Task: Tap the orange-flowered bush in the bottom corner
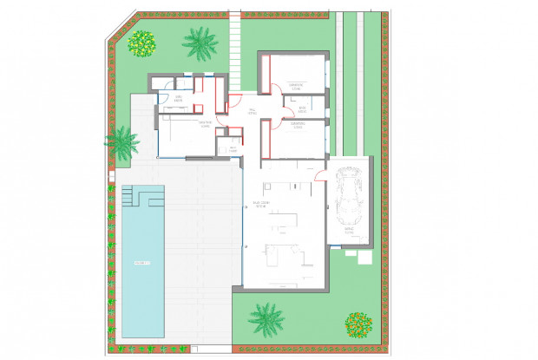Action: click(x=358, y=325)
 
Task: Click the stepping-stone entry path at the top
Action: click(x=234, y=43)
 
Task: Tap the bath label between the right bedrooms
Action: click(x=303, y=110)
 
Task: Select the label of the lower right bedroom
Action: click(x=297, y=126)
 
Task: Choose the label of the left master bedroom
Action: click(x=206, y=125)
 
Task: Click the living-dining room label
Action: click(x=259, y=206)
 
